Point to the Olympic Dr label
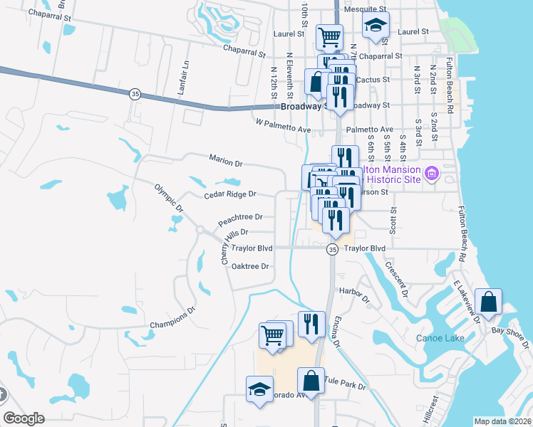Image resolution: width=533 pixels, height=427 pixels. [x=170, y=199]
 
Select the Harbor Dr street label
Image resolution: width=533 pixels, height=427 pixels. [x=354, y=295]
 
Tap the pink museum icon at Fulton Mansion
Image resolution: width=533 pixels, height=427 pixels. [x=430, y=174]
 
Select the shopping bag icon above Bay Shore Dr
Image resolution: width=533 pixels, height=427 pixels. [x=489, y=302]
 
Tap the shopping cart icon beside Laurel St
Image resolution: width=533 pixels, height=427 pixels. [x=329, y=36]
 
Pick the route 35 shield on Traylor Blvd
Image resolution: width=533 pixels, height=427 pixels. [x=332, y=249]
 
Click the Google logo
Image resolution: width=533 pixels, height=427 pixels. [x=24, y=418]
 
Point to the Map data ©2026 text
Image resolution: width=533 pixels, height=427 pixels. [x=502, y=421]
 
